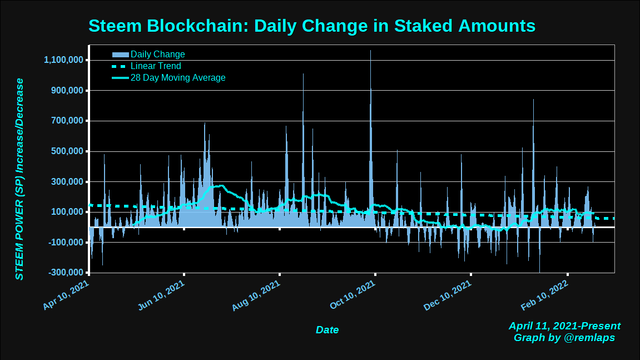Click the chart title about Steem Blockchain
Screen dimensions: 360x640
pos(311,26)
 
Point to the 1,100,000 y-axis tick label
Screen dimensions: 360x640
pos(63,60)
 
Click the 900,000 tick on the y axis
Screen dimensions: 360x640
pos(67,91)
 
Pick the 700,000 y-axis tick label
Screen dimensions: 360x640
pos(67,121)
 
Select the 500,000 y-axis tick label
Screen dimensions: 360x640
pos(67,151)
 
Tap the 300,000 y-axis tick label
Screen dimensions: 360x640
pos(67,182)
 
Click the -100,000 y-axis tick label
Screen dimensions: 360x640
pos(66,243)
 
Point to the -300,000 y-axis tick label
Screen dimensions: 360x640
pos(66,273)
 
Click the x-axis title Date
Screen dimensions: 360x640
pos(327,330)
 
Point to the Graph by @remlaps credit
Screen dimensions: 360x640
pos(564,338)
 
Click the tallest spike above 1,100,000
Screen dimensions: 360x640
pos(370,53)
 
